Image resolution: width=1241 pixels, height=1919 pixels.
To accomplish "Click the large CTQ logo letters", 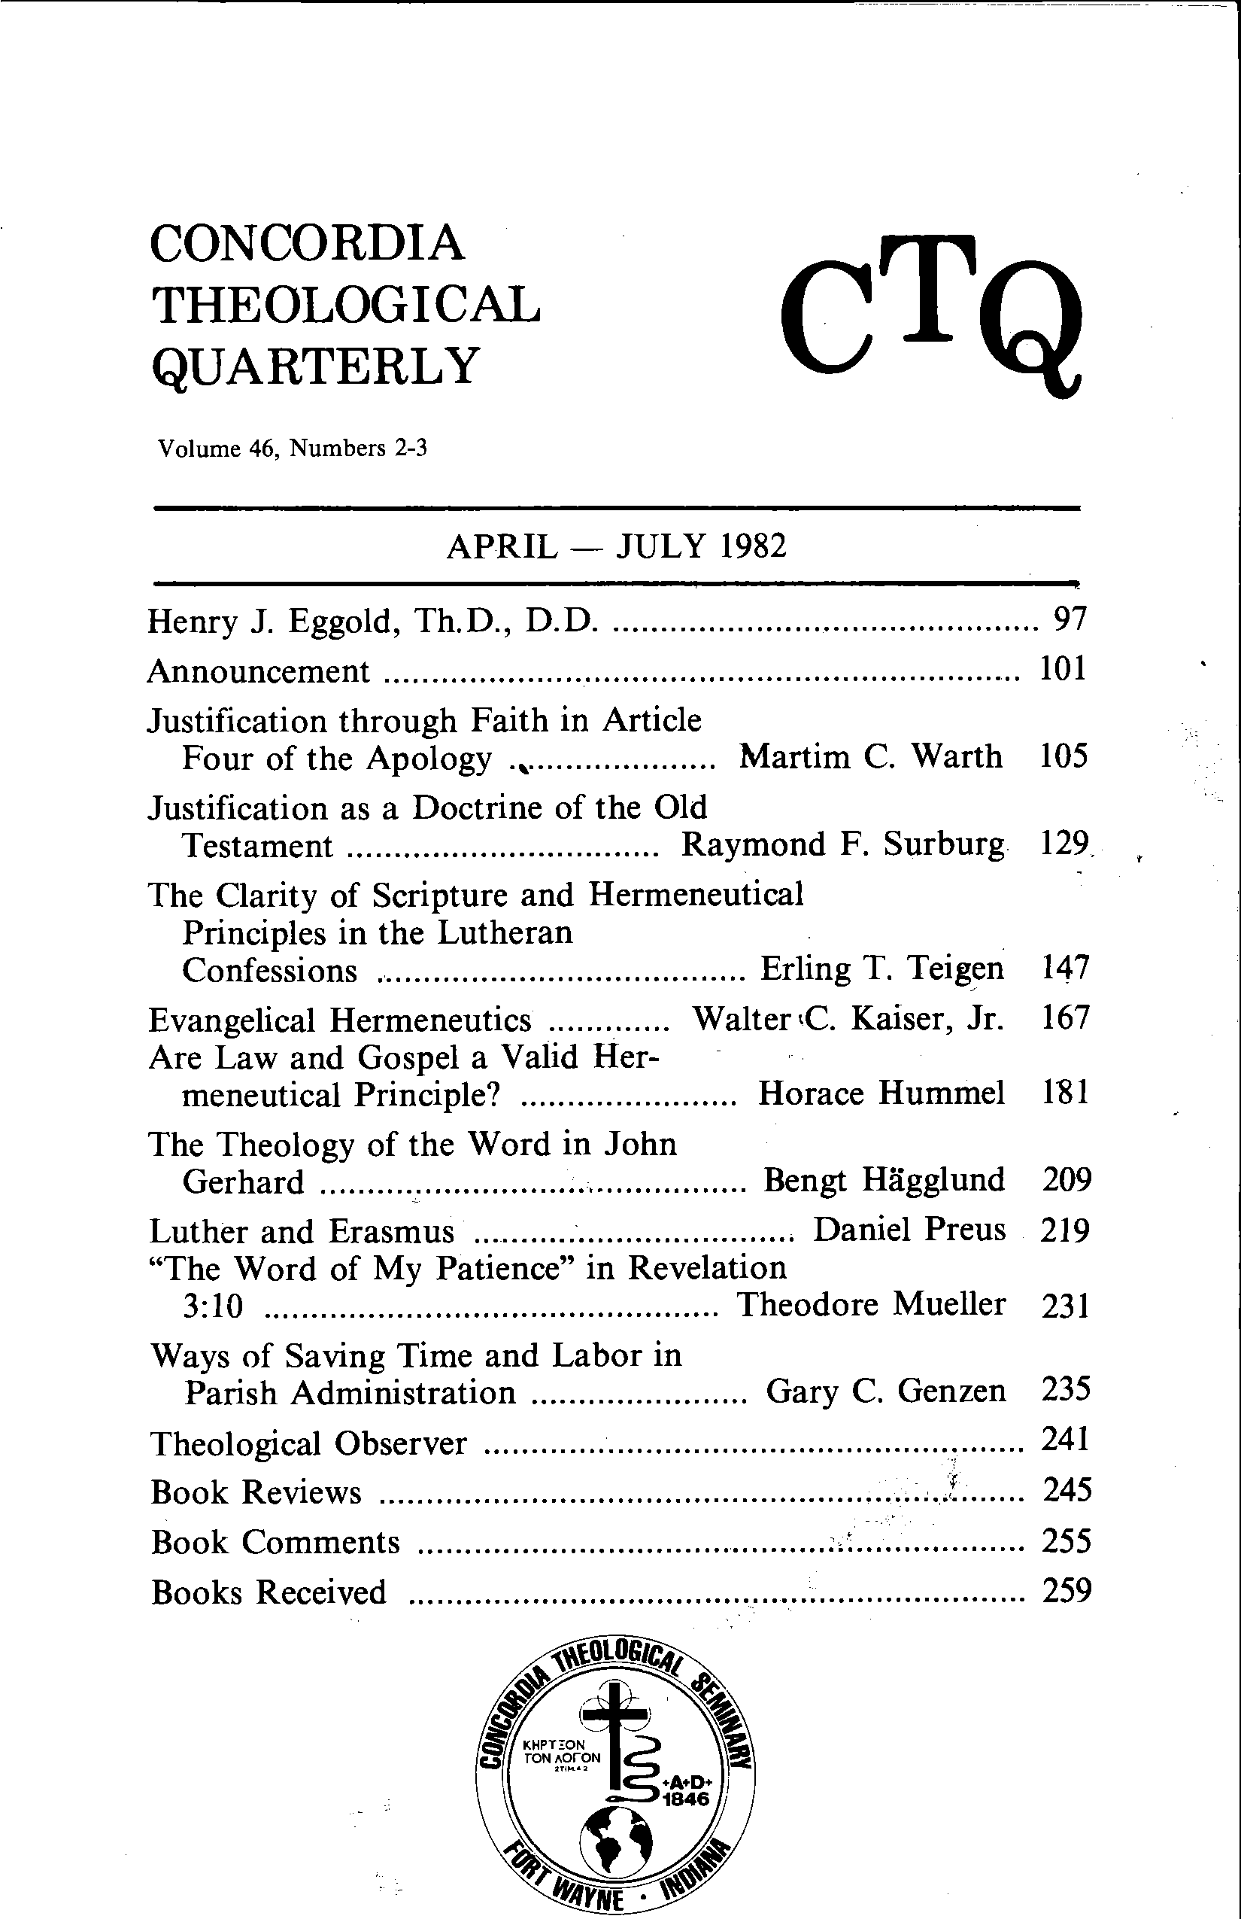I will (931, 315).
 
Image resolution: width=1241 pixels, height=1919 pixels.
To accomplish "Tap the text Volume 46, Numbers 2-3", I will (292, 449).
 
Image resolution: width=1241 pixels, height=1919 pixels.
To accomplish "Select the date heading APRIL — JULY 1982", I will (616, 548).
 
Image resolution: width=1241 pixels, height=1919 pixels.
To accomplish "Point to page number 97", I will (1071, 619).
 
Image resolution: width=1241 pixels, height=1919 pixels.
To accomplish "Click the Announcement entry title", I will (259, 671).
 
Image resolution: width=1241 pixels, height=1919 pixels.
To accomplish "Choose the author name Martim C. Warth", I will (870, 757).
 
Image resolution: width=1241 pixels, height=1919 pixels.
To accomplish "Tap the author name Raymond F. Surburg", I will (843, 845).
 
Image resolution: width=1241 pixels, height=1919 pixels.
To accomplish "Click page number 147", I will (1064, 968).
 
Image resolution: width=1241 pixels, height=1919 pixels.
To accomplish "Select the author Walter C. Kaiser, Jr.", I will (848, 1020).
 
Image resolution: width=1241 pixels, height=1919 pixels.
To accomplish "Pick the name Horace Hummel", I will (881, 1094).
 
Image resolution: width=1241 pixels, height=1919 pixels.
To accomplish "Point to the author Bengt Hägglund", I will (884, 1181).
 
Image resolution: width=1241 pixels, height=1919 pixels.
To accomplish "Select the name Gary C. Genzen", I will (886, 1391).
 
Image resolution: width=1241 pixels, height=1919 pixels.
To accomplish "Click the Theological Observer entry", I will (308, 1444).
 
